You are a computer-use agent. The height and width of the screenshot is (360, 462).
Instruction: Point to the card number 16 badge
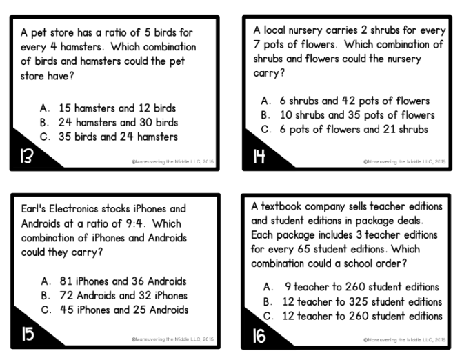coord(257,336)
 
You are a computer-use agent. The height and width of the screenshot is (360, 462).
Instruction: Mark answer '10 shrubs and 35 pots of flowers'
coord(352,114)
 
